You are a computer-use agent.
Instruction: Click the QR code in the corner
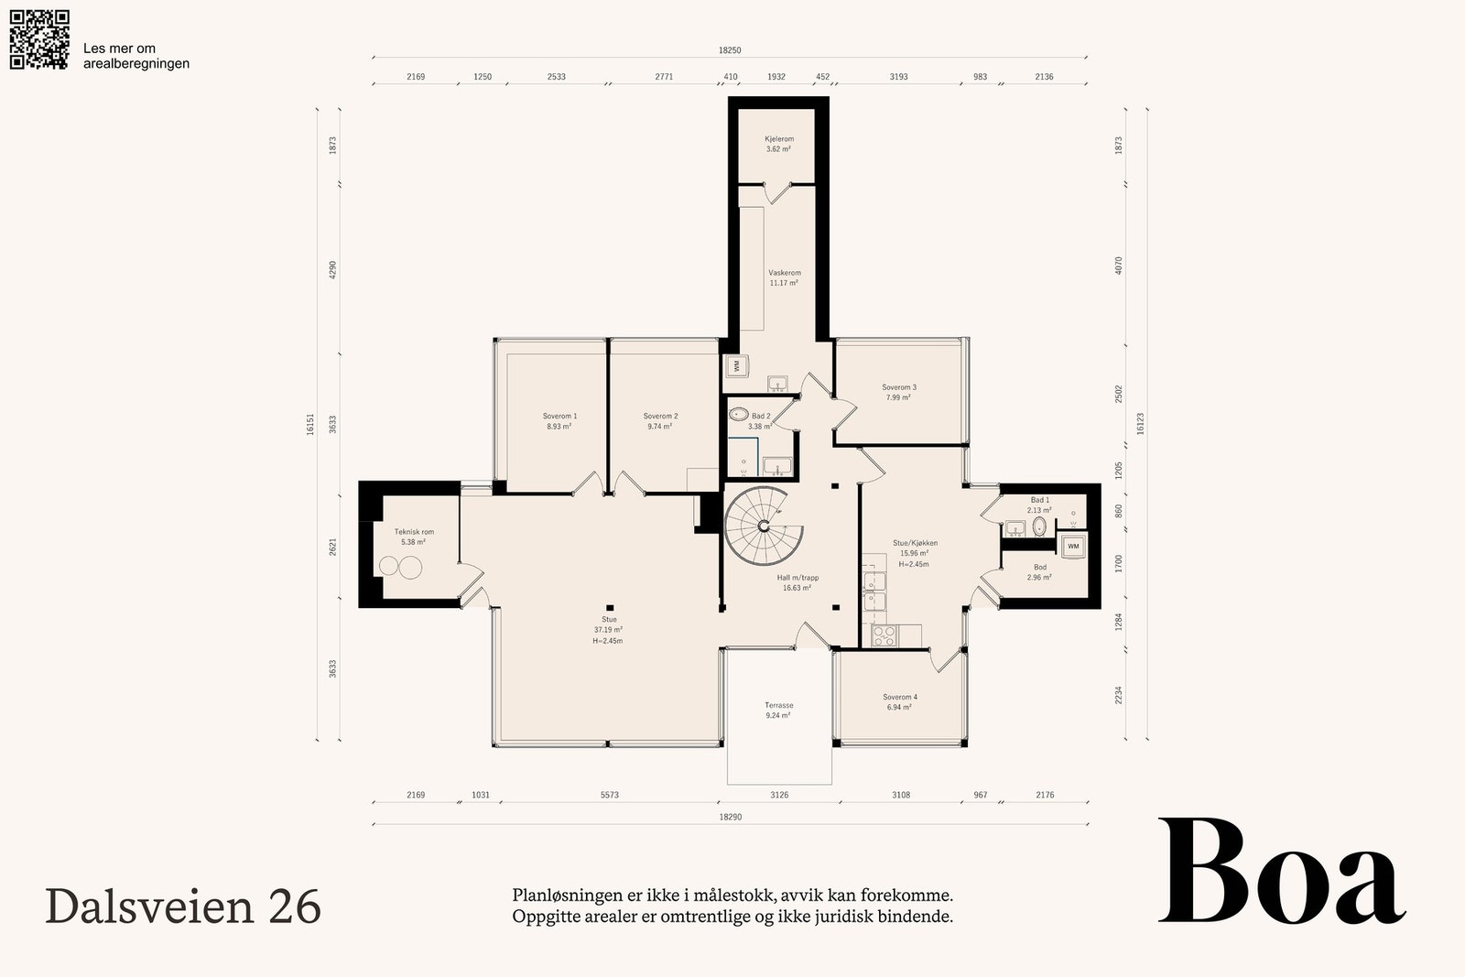(39, 39)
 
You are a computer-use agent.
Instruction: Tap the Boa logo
(1282, 871)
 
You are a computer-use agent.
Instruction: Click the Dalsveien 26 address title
(183, 906)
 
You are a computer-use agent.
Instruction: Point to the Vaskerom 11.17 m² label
(784, 278)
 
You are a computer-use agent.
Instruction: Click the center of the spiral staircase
(764, 526)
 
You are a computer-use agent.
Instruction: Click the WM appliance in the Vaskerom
(737, 366)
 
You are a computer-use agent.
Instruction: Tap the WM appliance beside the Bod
(1073, 546)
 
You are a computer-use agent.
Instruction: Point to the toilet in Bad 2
(739, 414)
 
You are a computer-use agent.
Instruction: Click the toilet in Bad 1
(1039, 526)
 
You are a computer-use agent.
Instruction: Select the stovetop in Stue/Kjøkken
(884, 635)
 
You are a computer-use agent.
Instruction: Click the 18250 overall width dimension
(730, 50)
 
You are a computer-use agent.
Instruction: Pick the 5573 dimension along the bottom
(610, 795)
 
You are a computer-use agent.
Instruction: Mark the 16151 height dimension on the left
(310, 424)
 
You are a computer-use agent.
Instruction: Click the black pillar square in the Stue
(610, 607)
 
